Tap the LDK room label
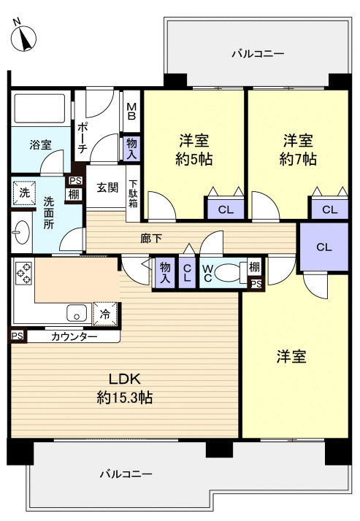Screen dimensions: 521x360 129,379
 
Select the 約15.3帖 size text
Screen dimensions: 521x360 124,398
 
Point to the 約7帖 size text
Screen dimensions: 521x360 298,158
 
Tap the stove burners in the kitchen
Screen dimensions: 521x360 23,273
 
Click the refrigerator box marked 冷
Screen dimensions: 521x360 104,314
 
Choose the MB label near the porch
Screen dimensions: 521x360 132,111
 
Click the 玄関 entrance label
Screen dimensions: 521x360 107,188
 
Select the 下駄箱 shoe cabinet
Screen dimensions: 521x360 134,193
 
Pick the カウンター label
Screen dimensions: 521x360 74,336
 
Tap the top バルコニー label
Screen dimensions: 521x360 257,53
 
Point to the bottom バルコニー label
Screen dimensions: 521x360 126,474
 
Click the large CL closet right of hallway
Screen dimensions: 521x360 323,247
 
